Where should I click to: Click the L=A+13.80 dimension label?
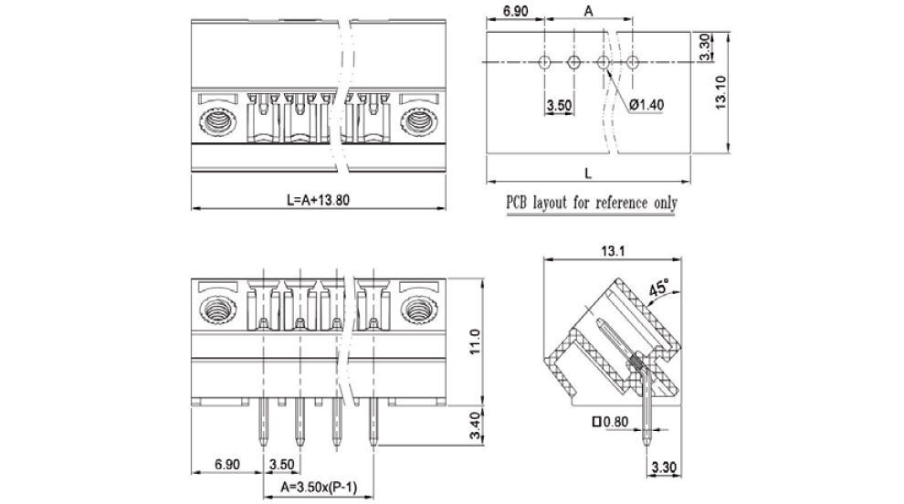click(x=318, y=200)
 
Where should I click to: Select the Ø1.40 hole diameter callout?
click(x=646, y=104)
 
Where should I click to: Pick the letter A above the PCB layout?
click(x=589, y=11)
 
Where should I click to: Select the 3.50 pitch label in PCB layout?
click(x=558, y=105)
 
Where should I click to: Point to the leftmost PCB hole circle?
click(x=544, y=62)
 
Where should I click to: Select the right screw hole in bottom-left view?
click(x=418, y=309)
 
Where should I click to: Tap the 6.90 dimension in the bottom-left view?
click(x=226, y=465)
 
